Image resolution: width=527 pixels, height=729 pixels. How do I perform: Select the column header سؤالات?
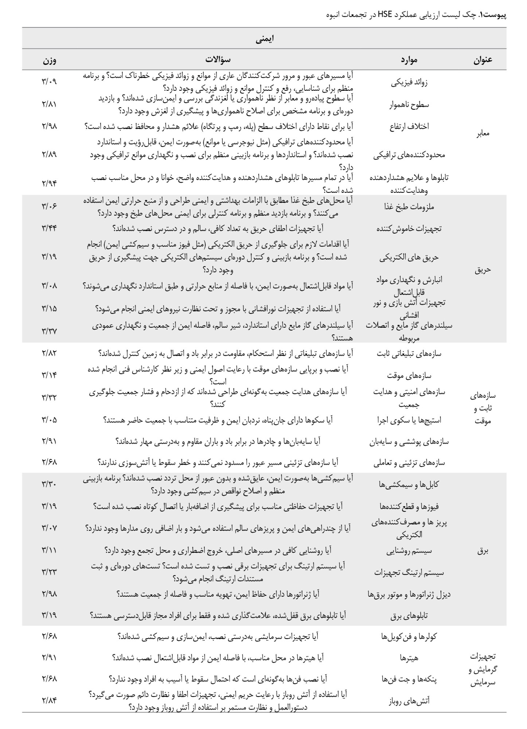(218, 59)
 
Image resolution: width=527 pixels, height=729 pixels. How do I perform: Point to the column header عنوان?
(483, 60)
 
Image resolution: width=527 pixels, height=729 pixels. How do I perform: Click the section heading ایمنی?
(265, 39)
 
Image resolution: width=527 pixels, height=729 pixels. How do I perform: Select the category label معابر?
(483, 133)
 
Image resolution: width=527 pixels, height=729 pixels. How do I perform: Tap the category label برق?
(482, 551)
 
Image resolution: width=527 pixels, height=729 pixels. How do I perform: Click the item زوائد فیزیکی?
(409, 82)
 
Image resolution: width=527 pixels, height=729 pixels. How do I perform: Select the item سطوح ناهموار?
(409, 105)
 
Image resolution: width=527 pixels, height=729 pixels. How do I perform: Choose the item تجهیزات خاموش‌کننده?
(409, 229)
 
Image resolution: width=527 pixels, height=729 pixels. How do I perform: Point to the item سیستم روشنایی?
(409, 551)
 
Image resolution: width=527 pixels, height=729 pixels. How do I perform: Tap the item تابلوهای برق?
(409, 616)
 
